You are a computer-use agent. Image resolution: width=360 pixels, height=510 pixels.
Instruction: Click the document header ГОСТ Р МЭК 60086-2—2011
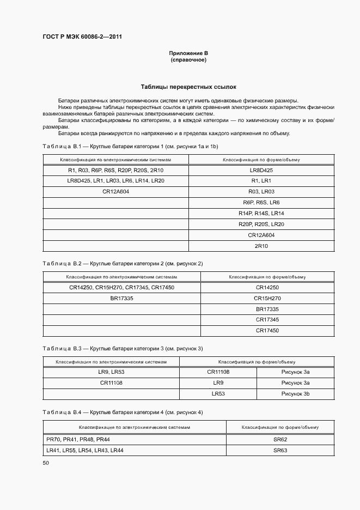pos(82,37)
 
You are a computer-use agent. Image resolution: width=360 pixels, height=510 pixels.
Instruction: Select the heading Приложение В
pos(188,53)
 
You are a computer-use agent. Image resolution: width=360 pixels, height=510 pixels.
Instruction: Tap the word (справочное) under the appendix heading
pos(188,59)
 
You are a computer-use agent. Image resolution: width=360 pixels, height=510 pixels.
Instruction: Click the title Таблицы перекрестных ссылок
pos(188,87)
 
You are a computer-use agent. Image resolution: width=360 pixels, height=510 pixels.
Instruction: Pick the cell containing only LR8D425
pos(261,170)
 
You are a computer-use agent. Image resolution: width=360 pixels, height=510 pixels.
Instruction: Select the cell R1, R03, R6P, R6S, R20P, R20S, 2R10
pos(115,170)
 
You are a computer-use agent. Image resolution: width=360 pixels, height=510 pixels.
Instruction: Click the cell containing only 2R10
pos(261,246)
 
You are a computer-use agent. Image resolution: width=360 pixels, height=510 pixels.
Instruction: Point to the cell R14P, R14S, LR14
pos(261,213)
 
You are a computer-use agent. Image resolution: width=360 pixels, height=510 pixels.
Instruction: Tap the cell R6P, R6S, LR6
pos(261,202)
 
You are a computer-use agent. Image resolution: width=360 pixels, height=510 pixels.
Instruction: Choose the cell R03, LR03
pos(261,192)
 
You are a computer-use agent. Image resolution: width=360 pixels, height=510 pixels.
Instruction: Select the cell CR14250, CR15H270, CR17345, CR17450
pos(121,287)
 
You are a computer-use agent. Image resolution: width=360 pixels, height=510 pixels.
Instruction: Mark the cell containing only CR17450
pos(267,330)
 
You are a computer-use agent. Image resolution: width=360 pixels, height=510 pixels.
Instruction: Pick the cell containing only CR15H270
pos(267,298)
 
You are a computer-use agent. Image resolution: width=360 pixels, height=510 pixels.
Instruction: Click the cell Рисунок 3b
pos(295,393)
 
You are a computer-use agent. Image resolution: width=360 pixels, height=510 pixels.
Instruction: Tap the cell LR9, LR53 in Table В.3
pos(111,372)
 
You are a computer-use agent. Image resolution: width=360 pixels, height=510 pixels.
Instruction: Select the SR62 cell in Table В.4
pos(280,439)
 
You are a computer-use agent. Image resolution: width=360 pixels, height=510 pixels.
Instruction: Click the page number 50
pos(46,463)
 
